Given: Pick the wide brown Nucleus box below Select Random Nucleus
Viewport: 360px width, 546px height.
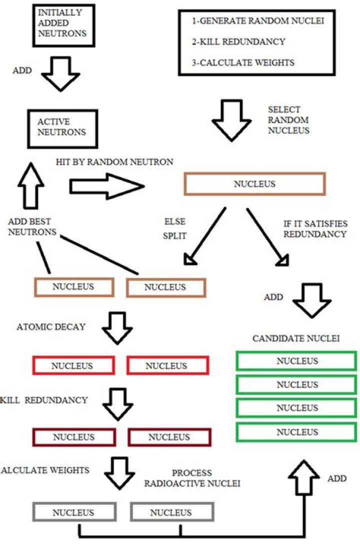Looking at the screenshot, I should (254, 183).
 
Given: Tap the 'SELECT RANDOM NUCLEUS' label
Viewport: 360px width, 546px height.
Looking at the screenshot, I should (288, 120).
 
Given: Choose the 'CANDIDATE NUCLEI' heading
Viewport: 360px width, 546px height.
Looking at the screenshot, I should (296, 338).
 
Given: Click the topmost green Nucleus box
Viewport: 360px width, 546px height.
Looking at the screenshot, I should (296, 360).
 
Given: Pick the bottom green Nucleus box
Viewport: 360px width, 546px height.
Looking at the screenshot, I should (296, 431).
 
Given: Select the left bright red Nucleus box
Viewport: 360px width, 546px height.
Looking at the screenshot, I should (72, 365).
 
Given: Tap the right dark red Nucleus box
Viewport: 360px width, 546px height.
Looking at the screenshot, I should (169, 437).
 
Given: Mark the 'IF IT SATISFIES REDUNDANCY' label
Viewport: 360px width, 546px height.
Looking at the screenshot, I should (315, 228).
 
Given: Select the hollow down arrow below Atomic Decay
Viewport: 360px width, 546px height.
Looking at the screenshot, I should (117, 328).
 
